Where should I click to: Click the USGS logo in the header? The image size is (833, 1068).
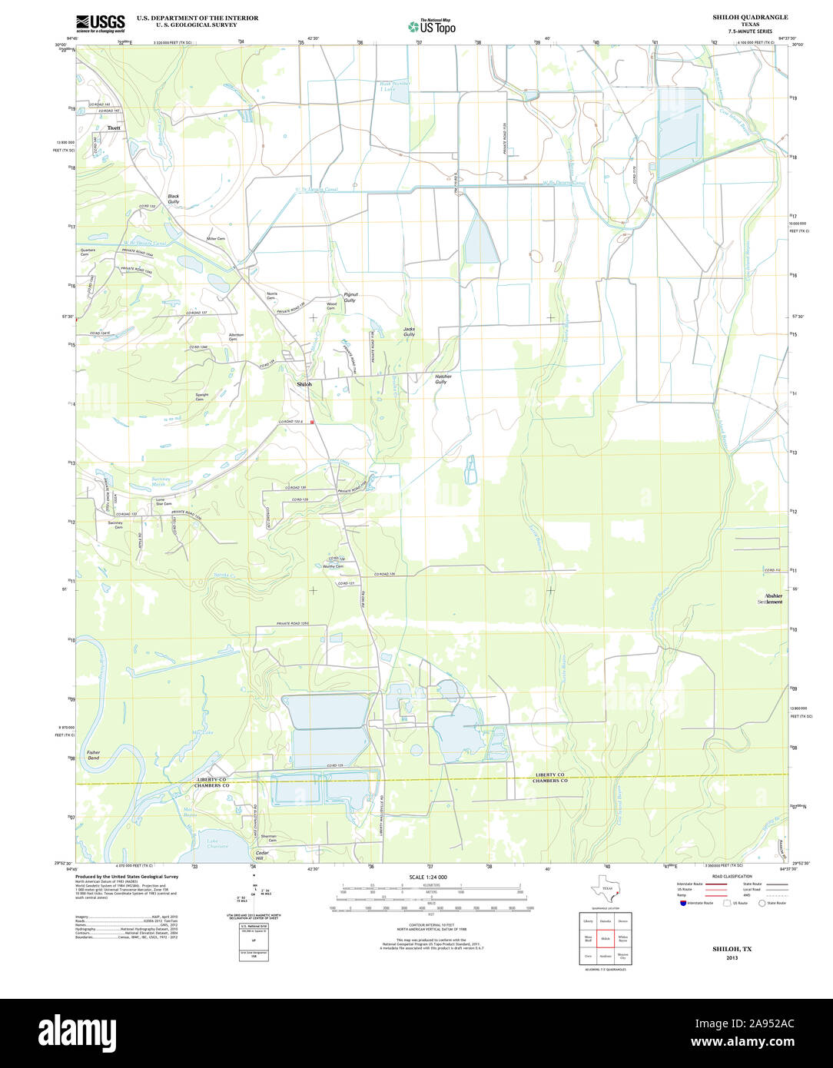(x=100, y=23)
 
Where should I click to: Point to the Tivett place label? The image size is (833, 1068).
(x=114, y=128)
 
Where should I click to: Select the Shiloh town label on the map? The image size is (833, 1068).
(x=305, y=383)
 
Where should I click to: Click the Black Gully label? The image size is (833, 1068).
(x=174, y=199)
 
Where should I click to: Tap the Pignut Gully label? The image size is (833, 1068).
(x=350, y=297)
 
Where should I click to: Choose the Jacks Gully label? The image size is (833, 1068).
(x=410, y=332)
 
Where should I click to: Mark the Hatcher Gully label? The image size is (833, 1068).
(x=443, y=379)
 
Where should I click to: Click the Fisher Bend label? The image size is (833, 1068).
(x=93, y=755)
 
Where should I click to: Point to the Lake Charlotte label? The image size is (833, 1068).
(x=217, y=843)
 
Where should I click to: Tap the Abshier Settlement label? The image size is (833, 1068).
(x=769, y=599)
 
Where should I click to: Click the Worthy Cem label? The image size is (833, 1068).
(x=333, y=566)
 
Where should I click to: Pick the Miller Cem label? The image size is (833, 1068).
(x=216, y=239)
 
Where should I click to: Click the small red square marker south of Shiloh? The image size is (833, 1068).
(x=312, y=422)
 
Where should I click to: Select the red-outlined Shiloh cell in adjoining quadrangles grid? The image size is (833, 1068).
(x=605, y=939)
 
